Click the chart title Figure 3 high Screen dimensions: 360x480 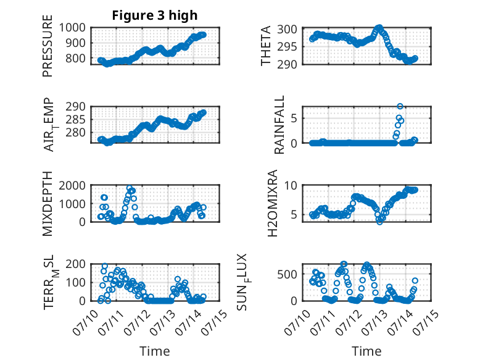154,15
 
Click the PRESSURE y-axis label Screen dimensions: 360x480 48,49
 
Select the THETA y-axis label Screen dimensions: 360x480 266,46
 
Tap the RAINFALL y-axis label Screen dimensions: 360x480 279,125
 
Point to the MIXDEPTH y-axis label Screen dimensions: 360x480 48,204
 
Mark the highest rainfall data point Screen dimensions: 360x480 400,107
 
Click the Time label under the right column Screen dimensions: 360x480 366,351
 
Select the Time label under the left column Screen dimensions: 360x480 154,351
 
